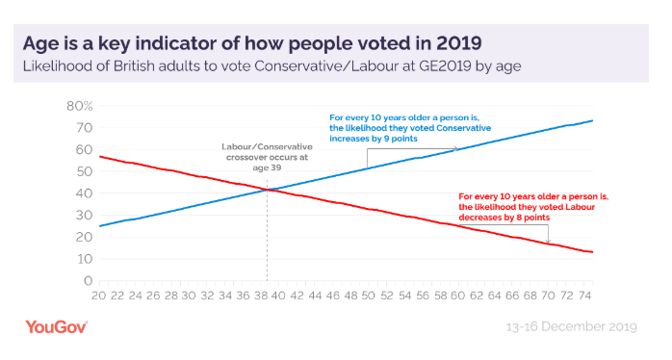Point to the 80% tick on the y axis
(78, 106)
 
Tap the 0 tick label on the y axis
(87, 281)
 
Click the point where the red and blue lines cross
(267, 190)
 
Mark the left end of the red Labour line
(100, 156)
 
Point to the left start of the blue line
(100, 226)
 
